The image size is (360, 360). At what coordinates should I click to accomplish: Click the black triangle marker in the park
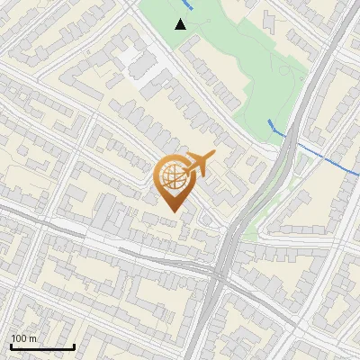(181, 24)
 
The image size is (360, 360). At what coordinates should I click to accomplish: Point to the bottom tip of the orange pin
(172, 211)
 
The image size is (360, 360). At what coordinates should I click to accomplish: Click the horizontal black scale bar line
(42, 346)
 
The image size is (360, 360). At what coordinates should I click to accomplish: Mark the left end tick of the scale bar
(11, 345)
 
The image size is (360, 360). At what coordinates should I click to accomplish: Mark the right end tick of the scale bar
(74, 345)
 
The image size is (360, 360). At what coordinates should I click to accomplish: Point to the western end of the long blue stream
(269, 121)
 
